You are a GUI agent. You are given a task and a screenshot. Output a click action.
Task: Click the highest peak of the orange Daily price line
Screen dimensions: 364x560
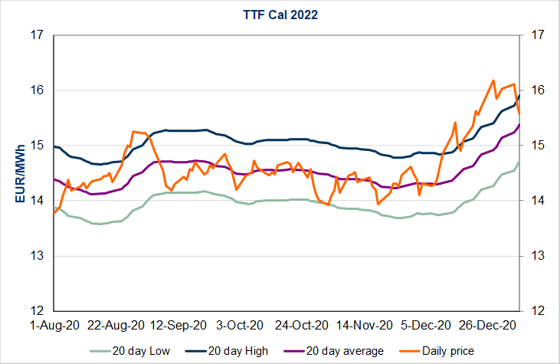pos(493,80)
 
